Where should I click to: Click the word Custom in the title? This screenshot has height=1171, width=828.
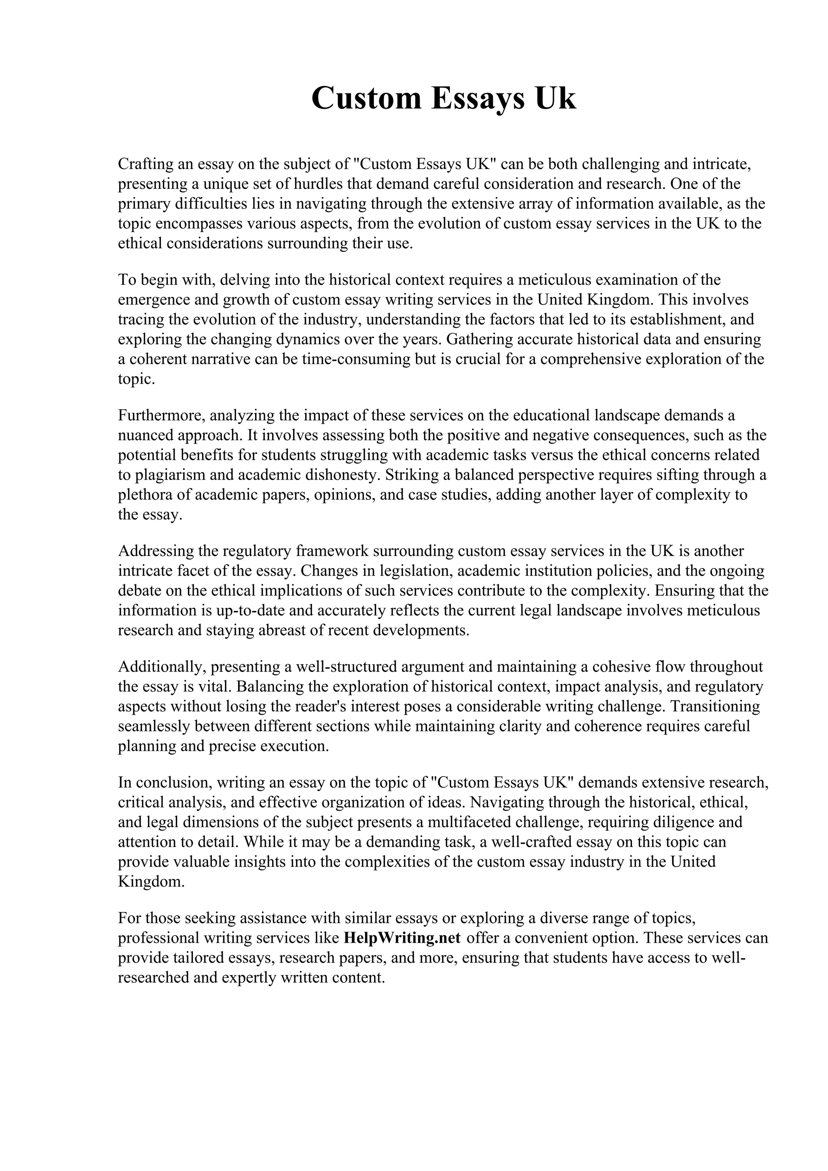click(366, 98)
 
